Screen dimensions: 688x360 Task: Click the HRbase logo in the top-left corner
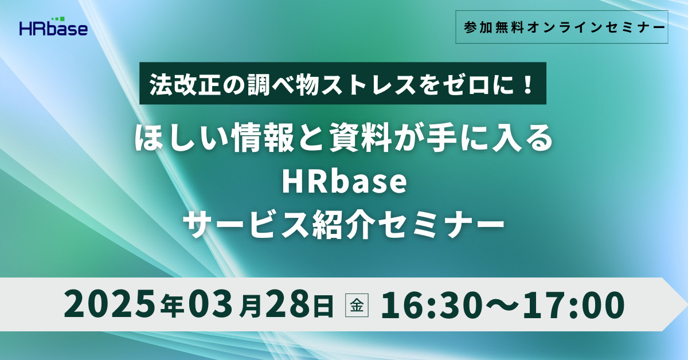(x=53, y=27)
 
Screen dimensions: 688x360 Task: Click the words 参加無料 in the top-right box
(x=494, y=28)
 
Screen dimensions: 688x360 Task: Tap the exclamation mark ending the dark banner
(x=529, y=84)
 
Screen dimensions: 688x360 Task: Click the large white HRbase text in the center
(x=345, y=182)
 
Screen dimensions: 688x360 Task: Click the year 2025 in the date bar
(x=110, y=303)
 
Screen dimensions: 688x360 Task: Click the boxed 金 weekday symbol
(x=357, y=305)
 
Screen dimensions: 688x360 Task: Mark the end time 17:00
(x=574, y=303)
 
